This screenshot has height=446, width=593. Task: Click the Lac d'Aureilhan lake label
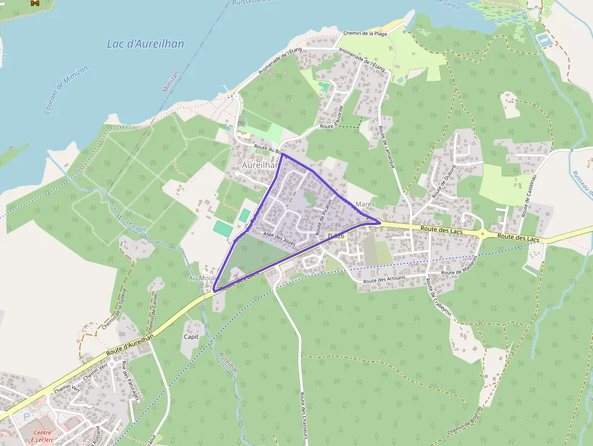click(145, 44)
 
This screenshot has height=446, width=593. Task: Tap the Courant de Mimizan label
click(66, 90)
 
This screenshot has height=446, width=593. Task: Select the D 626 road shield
click(336, 236)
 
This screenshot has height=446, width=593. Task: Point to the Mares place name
click(365, 205)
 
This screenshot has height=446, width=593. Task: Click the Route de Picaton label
click(324, 217)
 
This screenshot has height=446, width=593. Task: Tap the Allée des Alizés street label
click(279, 239)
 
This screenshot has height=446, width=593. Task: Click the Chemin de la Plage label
click(365, 33)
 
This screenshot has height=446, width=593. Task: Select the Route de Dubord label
click(444, 182)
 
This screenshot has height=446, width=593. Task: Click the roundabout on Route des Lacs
click(483, 234)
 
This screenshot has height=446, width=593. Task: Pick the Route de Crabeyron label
click(438, 299)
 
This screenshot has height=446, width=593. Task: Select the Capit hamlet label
click(191, 336)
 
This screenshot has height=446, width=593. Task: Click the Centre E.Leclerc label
click(42, 436)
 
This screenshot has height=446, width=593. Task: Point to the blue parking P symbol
click(25, 417)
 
